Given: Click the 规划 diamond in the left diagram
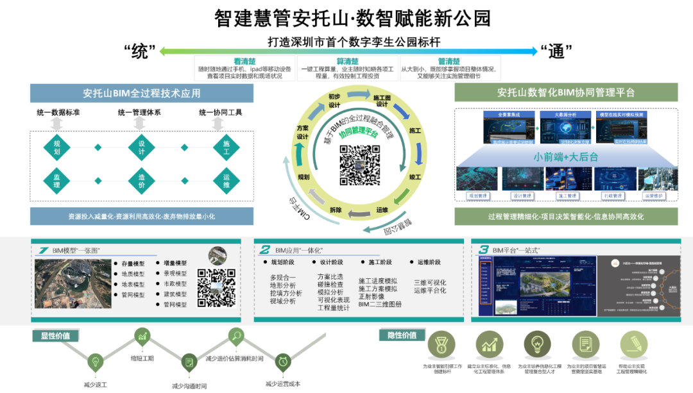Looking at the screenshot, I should pyautogui.click(x=56, y=147).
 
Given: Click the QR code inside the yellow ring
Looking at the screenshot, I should pyautogui.click(x=359, y=165).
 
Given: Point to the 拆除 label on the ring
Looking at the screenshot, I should pyautogui.click(x=336, y=210).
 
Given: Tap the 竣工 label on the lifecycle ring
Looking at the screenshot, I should pyautogui.click(x=415, y=176).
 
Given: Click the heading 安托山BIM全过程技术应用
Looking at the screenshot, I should pyautogui.click(x=142, y=93).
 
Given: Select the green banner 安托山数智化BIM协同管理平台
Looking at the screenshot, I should pyautogui.click(x=565, y=92).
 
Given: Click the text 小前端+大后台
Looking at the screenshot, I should pyautogui.click(x=565, y=156).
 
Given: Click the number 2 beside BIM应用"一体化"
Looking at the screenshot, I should pyautogui.click(x=264, y=249).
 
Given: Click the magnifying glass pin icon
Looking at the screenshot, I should pyautogui.click(x=236, y=335).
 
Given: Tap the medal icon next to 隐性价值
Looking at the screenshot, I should pyautogui.click(x=441, y=344).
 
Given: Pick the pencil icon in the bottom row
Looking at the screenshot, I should pyautogui.click(x=633, y=344).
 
